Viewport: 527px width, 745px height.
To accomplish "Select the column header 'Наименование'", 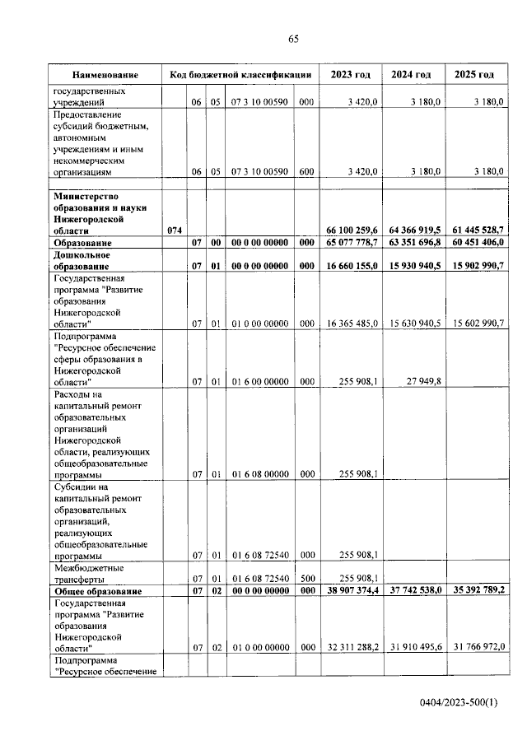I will (x=105, y=75).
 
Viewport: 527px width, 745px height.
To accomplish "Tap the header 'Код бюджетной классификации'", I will (x=240, y=75).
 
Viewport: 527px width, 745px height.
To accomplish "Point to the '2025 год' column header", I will (x=474, y=75).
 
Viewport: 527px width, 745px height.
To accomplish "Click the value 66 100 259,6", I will (x=352, y=232).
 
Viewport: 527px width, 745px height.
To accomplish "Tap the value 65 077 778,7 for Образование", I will (x=352, y=244).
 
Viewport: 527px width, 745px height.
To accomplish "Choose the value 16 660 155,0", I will (x=352, y=267).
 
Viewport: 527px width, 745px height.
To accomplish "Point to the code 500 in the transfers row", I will (x=306, y=579).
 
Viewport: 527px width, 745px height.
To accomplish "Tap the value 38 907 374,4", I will (x=352, y=592).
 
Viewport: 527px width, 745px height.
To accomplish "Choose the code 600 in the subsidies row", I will (x=306, y=171).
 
